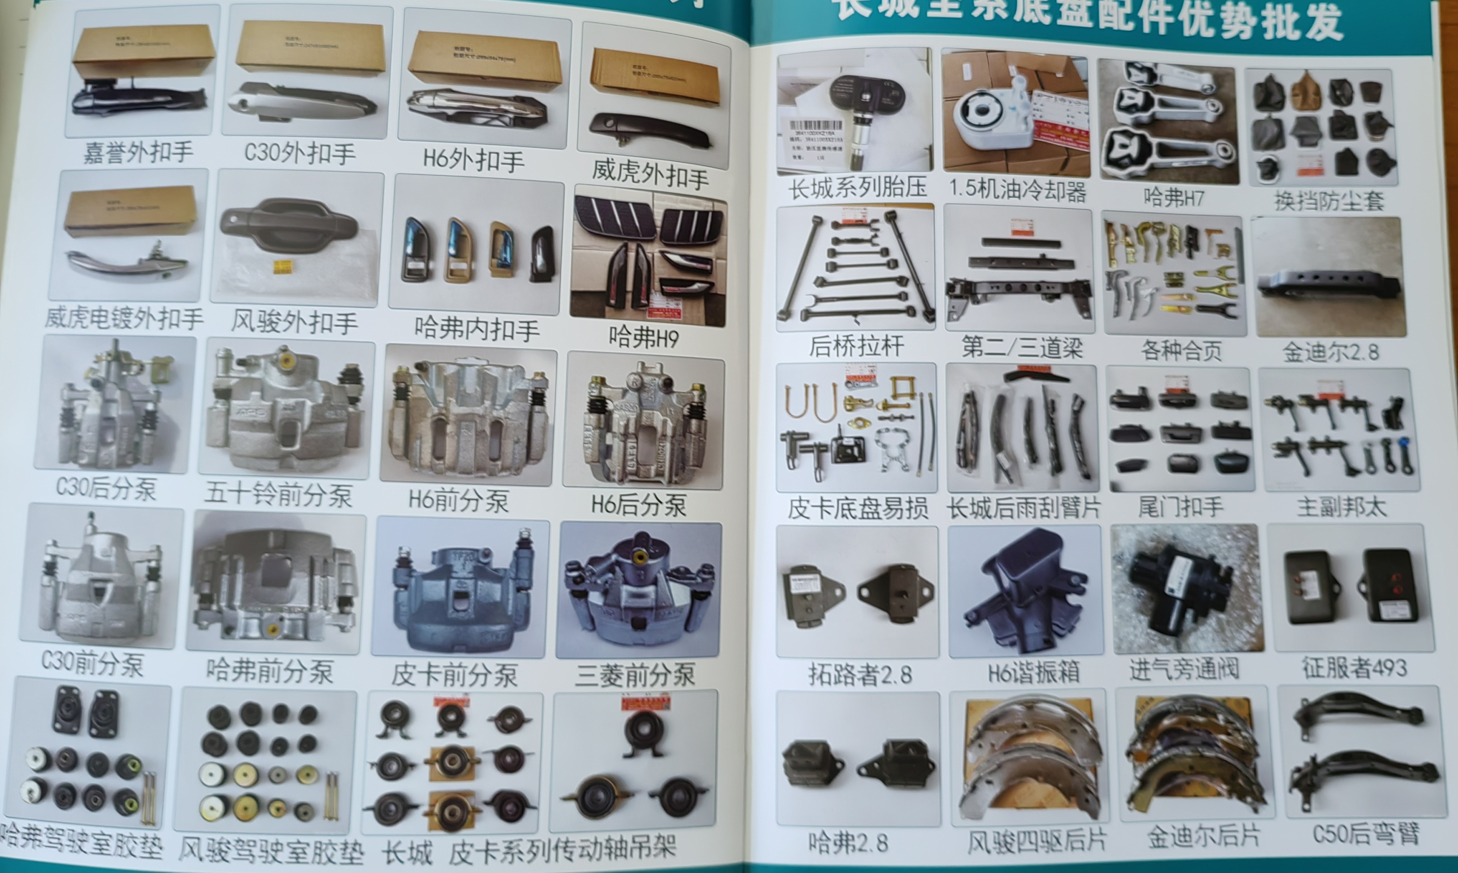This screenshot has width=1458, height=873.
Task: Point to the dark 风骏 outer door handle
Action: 288,226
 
